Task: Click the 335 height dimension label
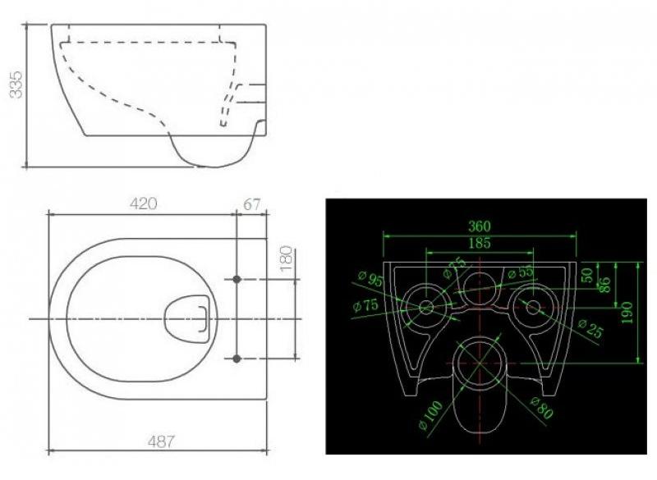point(16,85)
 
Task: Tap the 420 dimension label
point(143,203)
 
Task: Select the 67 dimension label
point(252,204)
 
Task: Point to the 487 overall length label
point(161,441)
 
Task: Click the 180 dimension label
point(286,258)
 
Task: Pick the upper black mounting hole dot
point(237,279)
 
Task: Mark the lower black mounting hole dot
point(237,359)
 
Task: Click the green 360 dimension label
point(479,226)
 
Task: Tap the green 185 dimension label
point(480,243)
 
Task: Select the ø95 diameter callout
point(370,279)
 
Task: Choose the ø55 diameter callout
point(521,272)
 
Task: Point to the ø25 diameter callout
point(590,328)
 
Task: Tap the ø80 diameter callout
point(542,408)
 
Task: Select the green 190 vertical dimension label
point(627,312)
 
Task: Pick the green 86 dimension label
point(606,285)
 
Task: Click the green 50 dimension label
point(588,275)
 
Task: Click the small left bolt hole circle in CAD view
point(426,308)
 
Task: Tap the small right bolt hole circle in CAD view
point(533,308)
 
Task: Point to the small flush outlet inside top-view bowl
point(187,319)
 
